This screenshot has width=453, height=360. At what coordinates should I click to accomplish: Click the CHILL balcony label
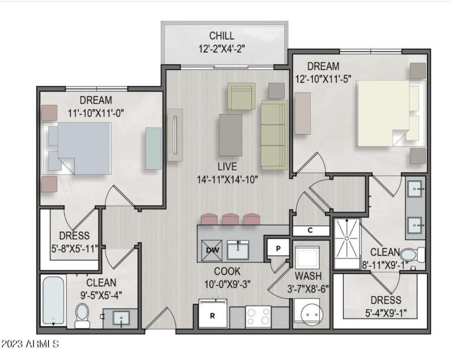pos(221,36)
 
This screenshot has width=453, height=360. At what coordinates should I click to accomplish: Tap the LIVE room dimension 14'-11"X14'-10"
pos(227,179)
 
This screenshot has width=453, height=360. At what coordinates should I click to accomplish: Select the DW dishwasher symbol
pos(212,250)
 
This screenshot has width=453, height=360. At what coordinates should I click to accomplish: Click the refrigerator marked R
pos(212,314)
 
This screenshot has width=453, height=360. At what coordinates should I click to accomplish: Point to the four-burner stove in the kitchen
pos(258,316)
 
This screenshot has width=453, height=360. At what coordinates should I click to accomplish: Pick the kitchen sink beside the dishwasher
pos(238,250)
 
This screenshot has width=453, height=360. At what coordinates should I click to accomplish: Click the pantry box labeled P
pos(278,248)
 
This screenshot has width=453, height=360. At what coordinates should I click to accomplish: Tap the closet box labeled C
pos(310,230)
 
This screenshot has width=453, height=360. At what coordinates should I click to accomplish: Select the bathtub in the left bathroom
pos(53,301)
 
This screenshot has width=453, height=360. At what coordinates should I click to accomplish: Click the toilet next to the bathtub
pos(82,315)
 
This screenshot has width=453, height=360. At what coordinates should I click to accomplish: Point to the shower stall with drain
pos(347,243)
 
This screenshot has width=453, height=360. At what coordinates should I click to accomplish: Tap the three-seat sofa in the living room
pos(274,135)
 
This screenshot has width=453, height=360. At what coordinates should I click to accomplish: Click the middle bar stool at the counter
pos(230,219)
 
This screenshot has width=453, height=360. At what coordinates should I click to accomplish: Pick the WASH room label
pos(308,276)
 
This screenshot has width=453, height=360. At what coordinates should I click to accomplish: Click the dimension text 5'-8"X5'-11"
pos(75,248)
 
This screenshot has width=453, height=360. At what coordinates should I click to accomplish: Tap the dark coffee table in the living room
pos(230,135)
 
